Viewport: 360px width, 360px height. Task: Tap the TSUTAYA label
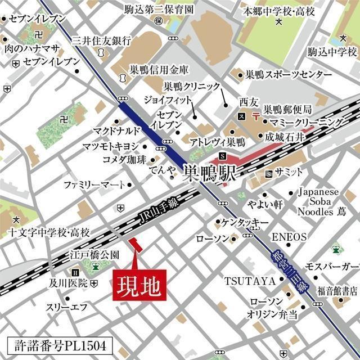250,280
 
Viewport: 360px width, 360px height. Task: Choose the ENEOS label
289,236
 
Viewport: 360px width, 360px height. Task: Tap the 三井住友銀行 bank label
102,41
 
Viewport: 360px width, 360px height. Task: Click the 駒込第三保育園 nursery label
159,9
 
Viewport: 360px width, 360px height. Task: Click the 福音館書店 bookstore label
337,291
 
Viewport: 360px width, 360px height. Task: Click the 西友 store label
247,103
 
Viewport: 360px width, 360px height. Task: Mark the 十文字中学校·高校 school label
49,232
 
